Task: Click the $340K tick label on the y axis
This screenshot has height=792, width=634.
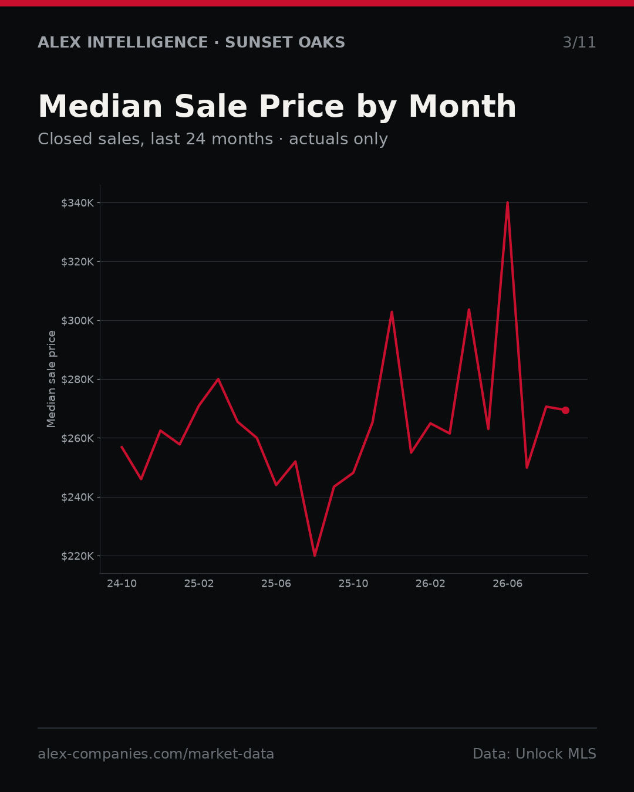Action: (x=77, y=203)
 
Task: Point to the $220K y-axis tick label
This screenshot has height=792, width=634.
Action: (x=77, y=556)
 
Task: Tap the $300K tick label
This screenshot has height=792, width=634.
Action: (x=77, y=320)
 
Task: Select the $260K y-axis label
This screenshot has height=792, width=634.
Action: (x=77, y=438)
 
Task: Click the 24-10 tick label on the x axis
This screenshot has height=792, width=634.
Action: (x=122, y=584)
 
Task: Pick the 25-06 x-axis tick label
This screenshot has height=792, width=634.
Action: (x=276, y=584)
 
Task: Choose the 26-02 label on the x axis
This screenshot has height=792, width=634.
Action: (x=431, y=584)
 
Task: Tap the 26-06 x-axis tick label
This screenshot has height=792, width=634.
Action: (x=508, y=584)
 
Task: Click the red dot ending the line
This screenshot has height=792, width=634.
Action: (x=565, y=410)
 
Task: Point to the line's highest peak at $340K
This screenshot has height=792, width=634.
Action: (x=508, y=203)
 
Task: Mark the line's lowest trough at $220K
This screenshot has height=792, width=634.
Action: (x=315, y=556)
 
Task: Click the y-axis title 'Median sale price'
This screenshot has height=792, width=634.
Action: (x=51, y=379)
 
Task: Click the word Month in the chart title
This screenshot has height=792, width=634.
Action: (x=463, y=107)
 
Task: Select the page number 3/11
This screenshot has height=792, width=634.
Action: (x=579, y=43)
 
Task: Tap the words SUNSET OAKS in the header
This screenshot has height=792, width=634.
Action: (x=285, y=43)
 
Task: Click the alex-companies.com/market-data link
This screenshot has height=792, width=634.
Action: (x=156, y=754)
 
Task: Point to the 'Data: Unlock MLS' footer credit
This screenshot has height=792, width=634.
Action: (x=535, y=754)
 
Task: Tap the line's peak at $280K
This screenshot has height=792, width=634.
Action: (x=218, y=379)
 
